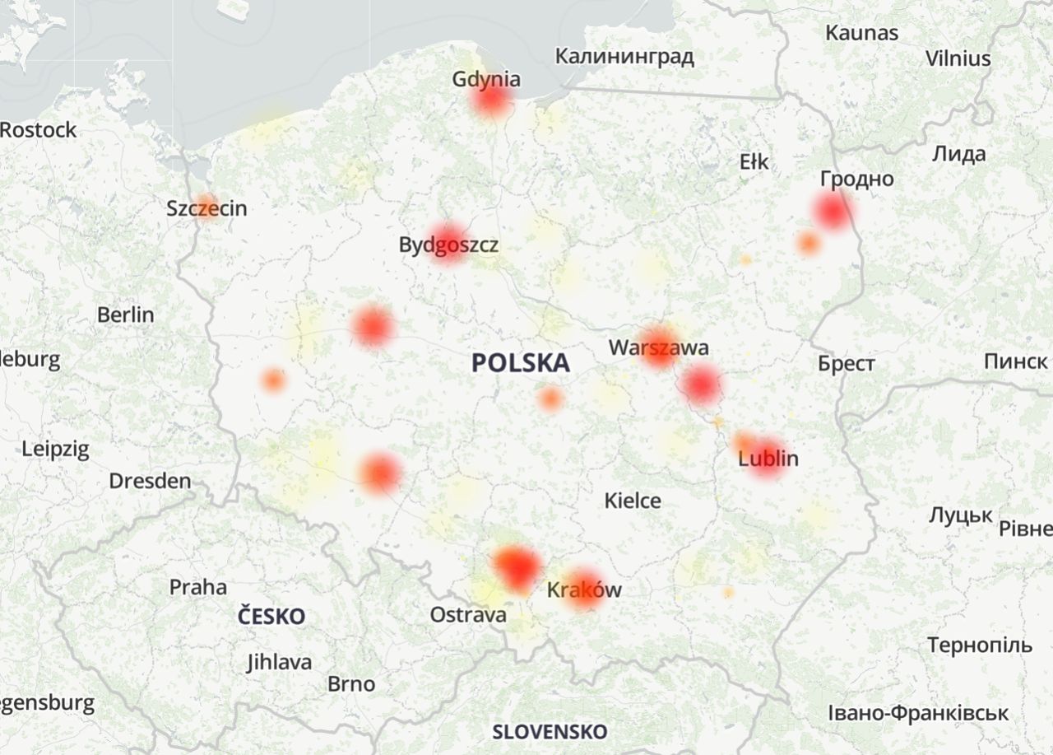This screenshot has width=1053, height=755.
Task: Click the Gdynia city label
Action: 486,79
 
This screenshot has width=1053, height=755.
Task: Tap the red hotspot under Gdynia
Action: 491,100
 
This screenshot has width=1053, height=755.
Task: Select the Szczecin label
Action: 206,208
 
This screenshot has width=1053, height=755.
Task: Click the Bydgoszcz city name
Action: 448,245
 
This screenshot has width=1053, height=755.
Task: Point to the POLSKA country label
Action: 521,362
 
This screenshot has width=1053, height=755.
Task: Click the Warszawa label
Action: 658,347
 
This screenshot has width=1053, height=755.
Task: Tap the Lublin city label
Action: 768,459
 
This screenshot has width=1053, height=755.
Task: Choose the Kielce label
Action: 633,500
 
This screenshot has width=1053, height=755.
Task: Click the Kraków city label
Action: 584,590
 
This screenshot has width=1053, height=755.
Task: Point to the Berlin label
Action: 125,315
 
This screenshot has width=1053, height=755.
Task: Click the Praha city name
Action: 197,587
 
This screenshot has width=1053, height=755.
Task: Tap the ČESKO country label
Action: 271,616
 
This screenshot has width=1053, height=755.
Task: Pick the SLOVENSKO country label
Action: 550,731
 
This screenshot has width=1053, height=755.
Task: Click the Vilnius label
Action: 958,58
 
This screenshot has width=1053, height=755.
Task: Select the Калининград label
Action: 624,57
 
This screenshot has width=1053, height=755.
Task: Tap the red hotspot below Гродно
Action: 832,210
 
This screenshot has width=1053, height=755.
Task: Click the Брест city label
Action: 847,364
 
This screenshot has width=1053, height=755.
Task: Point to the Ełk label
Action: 754,162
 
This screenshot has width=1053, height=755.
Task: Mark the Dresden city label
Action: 150,481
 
